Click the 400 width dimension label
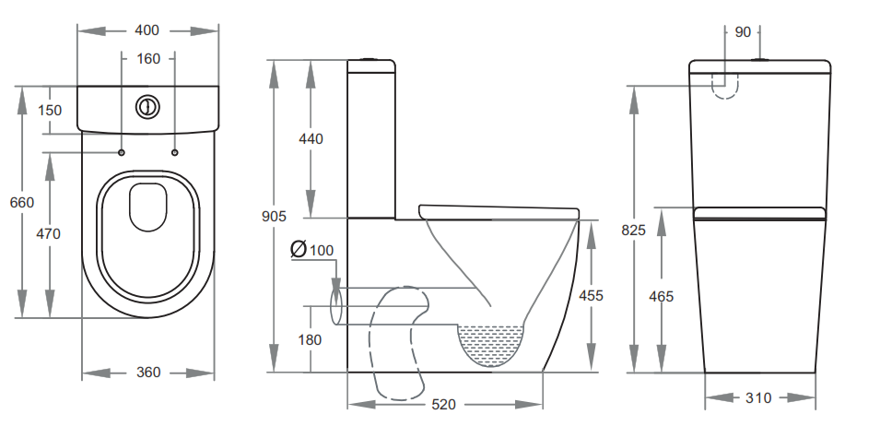[x=147, y=30]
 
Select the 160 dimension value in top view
[x=148, y=59]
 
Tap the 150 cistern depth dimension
[x=50, y=111]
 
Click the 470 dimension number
[x=49, y=234]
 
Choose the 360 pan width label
[x=148, y=373]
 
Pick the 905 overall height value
[x=274, y=217]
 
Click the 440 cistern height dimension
[x=311, y=139]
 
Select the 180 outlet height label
[x=310, y=339]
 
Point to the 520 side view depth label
[x=443, y=405]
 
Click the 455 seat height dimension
[x=591, y=296]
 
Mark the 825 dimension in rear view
[x=634, y=230]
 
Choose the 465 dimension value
[x=662, y=296]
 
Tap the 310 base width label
[x=759, y=398]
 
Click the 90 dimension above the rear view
[x=743, y=31]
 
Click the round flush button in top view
[x=147, y=107]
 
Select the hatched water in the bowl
[x=491, y=341]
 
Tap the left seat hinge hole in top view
[x=121, y=151]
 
